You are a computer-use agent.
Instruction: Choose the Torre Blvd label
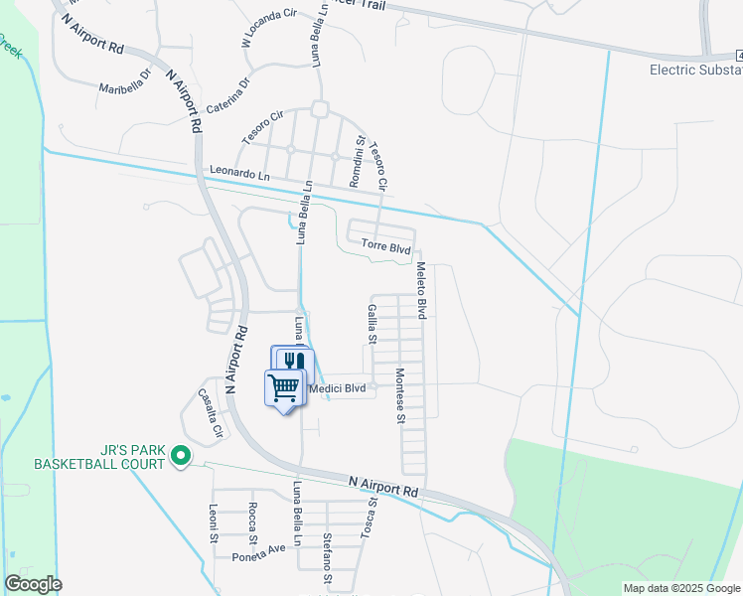[x=385, y=244]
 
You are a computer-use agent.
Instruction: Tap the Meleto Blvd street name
[x=420, y=291]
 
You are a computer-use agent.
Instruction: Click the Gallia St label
[x=371, y=324]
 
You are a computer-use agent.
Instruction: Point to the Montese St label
[x=399, y=396]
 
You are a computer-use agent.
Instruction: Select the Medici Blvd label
[x=338, y=388]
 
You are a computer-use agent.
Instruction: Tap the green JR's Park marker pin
[x=180, y=456]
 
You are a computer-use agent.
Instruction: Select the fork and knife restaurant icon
[x=292, y=362]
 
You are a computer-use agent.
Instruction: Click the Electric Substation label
[x=695, y=70]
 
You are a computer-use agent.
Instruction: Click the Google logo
[x=33, y=584]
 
